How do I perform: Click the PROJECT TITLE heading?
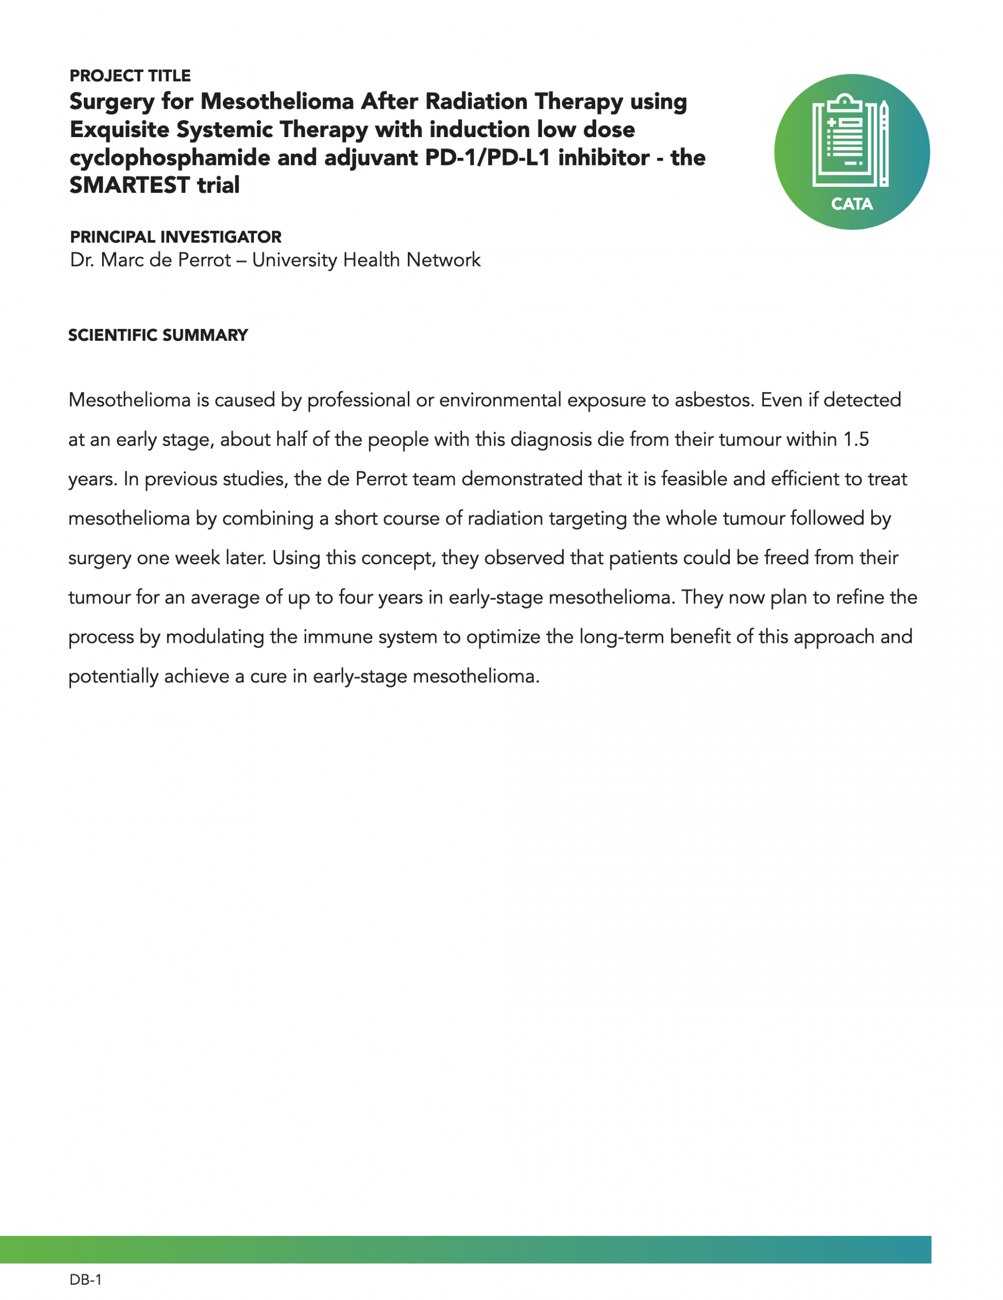[130, 76]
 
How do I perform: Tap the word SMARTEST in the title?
[129, 185]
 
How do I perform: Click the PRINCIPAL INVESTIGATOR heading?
[176, 237]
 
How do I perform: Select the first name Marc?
[122, 260]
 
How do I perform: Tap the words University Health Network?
[366, 260]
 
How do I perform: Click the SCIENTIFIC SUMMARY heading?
[158, 335]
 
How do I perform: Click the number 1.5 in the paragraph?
[856, 439]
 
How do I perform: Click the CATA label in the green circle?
[852, 204]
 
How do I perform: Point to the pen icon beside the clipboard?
[884, 143]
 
